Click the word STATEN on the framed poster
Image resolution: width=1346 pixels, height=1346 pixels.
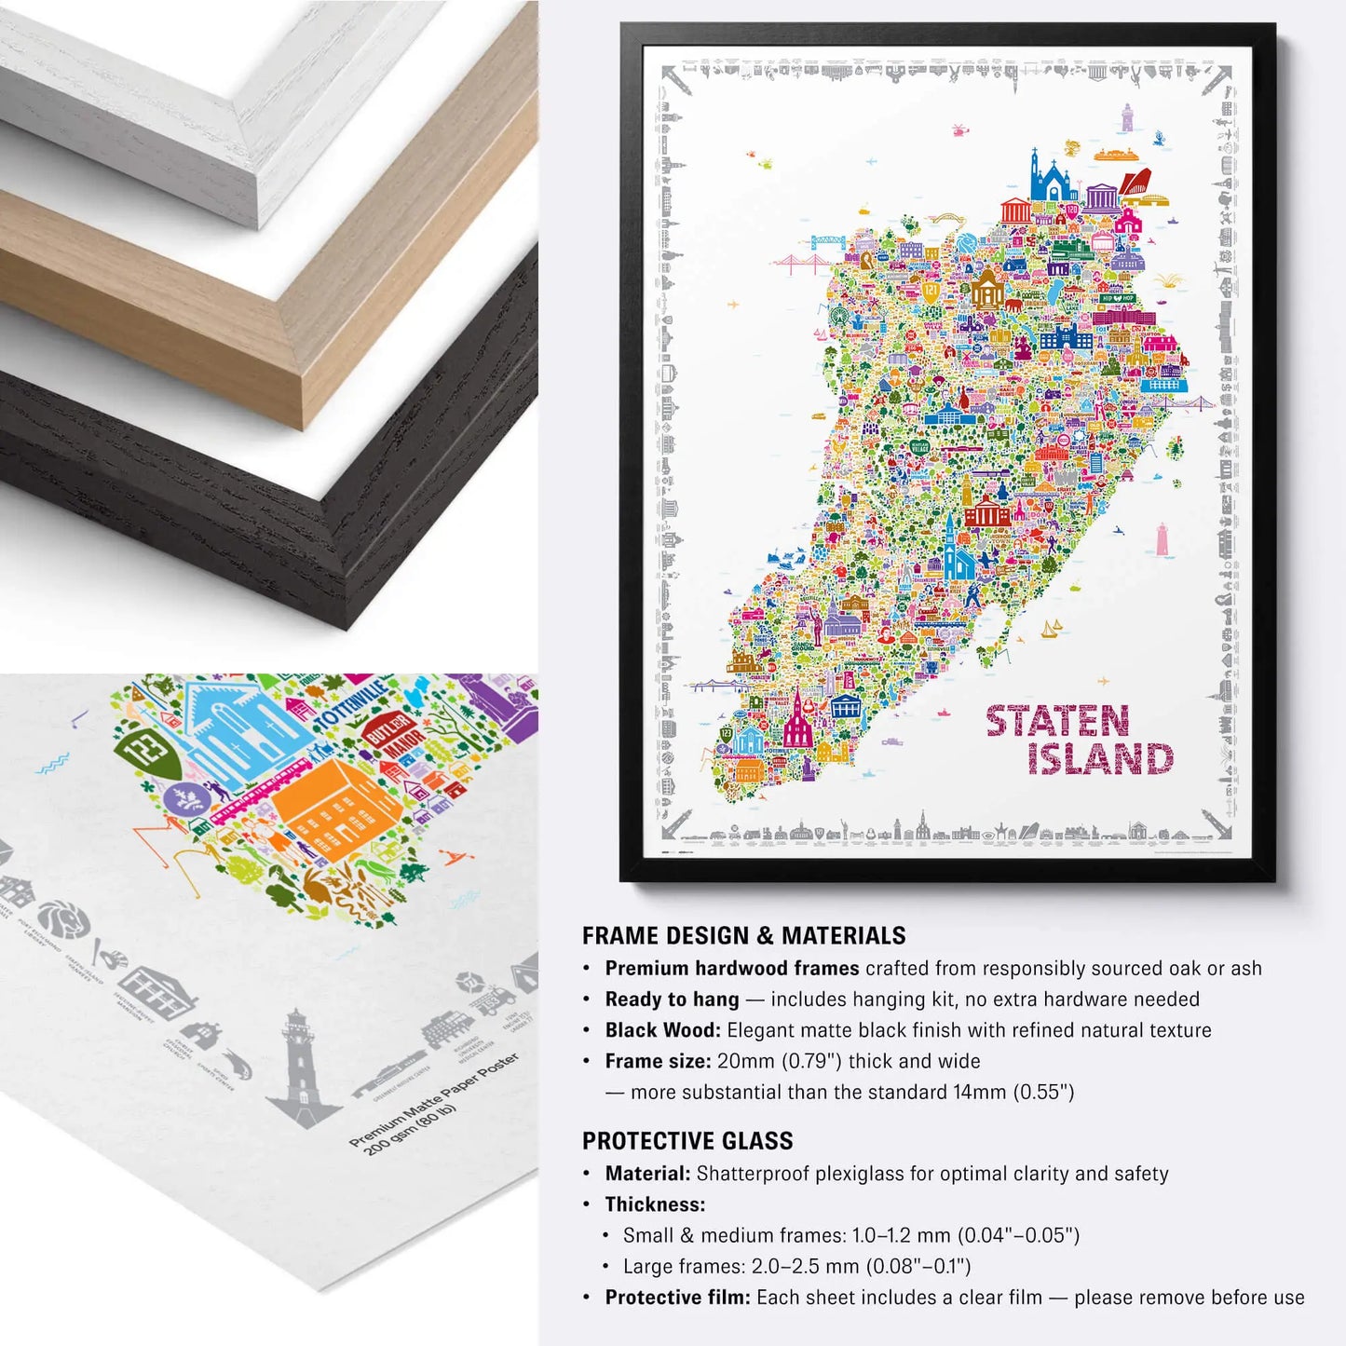click(1057, 722)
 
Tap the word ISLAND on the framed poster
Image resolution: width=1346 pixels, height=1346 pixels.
click(1100, 759)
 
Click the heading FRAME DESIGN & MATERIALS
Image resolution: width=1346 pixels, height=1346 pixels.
click(743, 935)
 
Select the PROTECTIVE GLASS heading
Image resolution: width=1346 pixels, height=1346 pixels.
click(687, 1140)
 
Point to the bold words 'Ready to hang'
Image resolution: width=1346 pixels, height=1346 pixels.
click(672, 999)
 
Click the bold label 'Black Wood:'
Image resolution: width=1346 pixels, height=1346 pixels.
click(662, 1029)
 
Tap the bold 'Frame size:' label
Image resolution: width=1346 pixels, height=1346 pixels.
click(658, 1060)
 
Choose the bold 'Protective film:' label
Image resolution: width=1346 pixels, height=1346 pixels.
click(677, 1297)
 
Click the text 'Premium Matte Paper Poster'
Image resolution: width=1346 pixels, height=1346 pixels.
click(432, 1099)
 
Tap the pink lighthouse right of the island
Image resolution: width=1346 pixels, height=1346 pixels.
click(1162, 540)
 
